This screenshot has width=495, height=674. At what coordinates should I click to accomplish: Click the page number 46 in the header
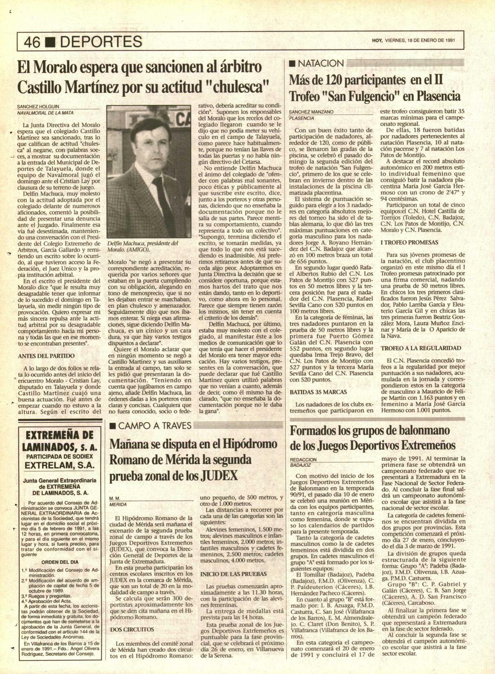point(32,41)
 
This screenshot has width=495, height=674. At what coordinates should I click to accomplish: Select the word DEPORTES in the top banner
point(98,41)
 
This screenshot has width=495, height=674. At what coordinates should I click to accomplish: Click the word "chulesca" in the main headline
point(237,87)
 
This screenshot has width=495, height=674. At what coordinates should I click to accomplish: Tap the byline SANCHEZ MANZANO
point(311,112)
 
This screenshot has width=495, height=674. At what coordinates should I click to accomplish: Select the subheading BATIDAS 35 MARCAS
point(318,392)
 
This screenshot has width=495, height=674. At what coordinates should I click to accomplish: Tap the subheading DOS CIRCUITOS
point(132,629)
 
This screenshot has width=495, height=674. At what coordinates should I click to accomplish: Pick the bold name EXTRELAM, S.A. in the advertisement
point(59,465)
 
